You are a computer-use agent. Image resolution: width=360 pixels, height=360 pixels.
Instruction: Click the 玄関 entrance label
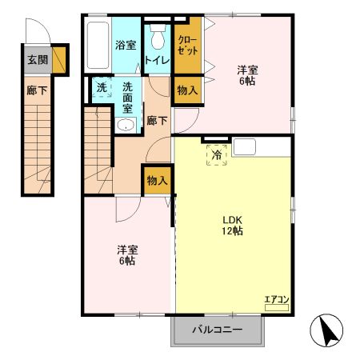(37, 59)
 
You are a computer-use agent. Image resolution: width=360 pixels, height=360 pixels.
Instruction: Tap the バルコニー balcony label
(217, 329)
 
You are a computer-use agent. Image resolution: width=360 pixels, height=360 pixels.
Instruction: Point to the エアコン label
(276, 300)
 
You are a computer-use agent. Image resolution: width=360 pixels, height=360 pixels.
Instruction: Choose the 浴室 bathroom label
(125, 45)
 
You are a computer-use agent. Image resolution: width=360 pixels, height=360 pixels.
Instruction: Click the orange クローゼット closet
(187, 46)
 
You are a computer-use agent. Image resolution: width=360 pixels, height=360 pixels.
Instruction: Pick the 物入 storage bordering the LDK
(157, 181)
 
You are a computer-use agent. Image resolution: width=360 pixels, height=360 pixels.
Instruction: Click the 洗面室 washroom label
(127, 98)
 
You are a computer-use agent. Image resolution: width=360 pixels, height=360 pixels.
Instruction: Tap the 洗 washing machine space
(102, 87)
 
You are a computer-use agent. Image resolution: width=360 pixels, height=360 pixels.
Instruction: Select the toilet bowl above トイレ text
(158, 37)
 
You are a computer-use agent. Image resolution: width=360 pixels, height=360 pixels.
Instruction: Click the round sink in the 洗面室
(125, 125)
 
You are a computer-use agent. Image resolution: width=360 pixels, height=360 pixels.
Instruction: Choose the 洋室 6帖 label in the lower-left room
(126, 254)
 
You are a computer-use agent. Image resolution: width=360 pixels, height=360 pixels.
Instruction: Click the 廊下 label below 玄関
(37, 90)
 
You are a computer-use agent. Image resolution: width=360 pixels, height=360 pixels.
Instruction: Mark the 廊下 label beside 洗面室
(157, 121)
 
